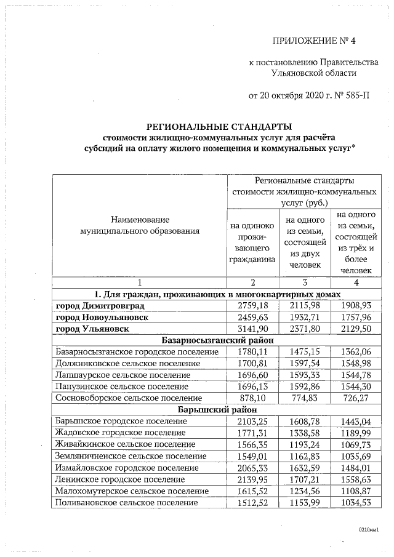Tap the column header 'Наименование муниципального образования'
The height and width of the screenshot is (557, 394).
140,225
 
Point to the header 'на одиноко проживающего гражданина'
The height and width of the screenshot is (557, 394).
252,242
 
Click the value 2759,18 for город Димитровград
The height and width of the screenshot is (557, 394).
252,305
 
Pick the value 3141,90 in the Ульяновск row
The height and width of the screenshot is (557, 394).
252,329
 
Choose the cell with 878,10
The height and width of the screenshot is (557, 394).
252,398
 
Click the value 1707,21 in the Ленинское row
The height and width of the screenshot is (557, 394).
305,479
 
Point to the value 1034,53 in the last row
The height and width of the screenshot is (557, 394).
358,502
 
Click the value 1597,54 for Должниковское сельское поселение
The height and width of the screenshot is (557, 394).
305,363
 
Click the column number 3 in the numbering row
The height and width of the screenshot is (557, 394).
305,283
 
